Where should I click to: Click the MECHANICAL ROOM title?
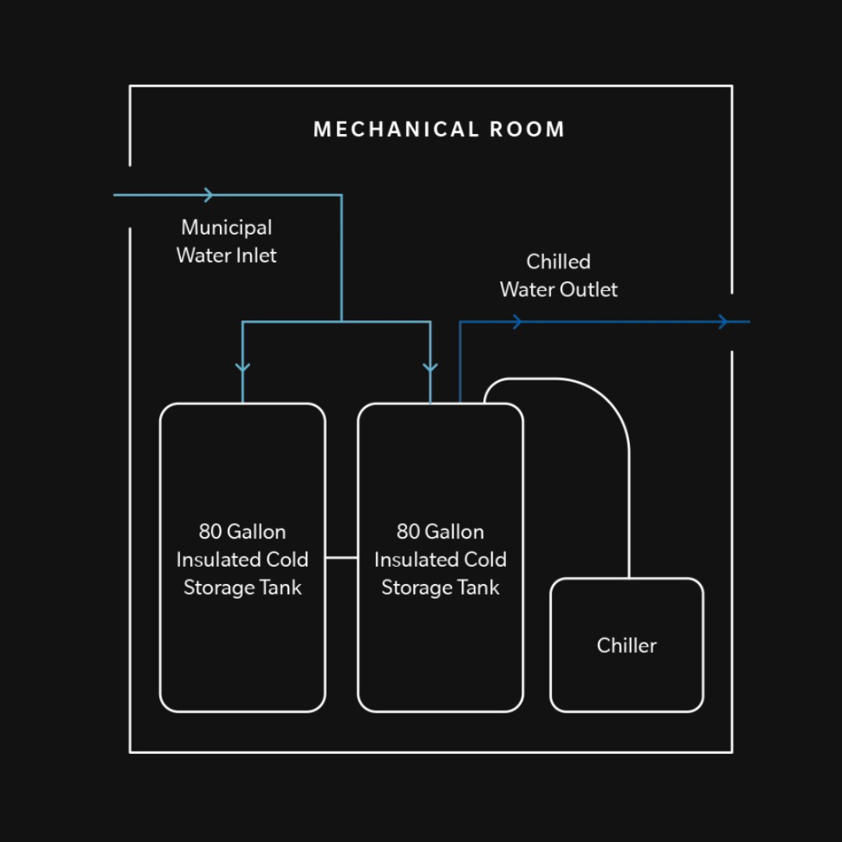coord(439,129)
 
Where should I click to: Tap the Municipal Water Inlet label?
coord(226,242)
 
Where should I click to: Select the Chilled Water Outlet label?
coord(558,275)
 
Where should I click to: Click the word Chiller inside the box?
coord(627,646)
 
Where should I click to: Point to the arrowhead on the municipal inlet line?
coord(208,195)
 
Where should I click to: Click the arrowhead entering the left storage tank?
coord(242,366)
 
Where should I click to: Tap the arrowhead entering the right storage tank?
coord(430,366)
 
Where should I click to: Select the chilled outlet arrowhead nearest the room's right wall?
coord(723,321)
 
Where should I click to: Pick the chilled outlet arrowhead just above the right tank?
coord(517,321)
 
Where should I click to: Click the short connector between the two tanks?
coord(341,557)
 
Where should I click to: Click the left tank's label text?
coord(242,560)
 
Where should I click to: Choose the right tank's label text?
coord(440,560)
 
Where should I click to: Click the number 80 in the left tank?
coord(210,532)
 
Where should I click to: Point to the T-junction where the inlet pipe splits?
coord(341,321)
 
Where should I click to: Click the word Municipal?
coord(227,228)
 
